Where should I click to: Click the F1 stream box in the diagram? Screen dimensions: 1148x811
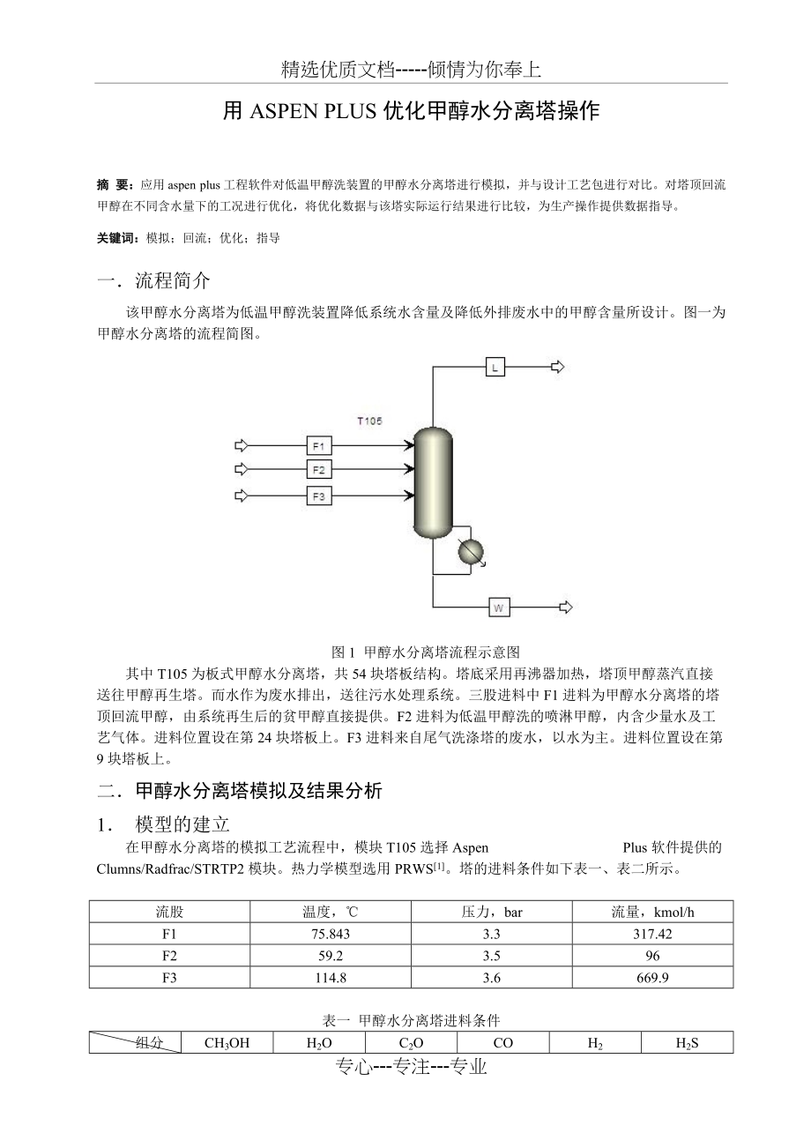(319, 444)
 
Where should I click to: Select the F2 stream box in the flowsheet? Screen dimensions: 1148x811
(319, 469)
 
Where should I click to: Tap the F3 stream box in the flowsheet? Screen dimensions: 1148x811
(319, 496)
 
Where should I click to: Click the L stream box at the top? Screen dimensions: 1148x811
(495, 368)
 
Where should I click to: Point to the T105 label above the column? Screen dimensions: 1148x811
(369, 421)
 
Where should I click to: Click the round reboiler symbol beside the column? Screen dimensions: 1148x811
(471, 551)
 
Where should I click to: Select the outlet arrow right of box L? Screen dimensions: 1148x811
(558, 368)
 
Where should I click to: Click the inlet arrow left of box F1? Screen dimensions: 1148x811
(242, 444)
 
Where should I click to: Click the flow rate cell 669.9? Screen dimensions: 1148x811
(652, 978)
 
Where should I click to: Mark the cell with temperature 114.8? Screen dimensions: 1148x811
(331, 978)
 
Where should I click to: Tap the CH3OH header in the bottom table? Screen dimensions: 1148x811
(227, 1043)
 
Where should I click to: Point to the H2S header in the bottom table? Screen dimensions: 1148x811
(687, 1043)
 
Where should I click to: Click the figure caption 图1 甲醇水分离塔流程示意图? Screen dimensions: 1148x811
(426, 652)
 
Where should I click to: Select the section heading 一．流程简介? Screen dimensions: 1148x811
(154, 281)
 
